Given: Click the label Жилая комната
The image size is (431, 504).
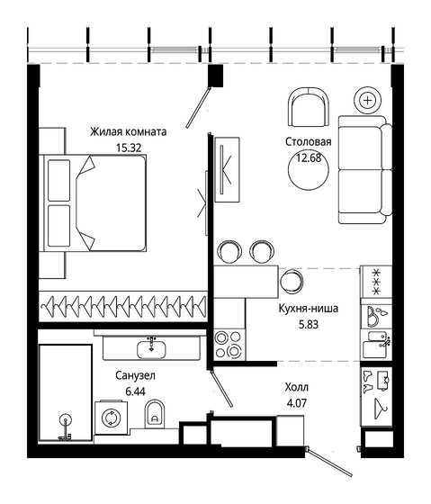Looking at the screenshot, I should (128, 131).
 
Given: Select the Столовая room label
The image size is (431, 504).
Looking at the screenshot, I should (308, 142).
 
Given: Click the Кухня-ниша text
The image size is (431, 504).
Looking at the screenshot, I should (309, 308).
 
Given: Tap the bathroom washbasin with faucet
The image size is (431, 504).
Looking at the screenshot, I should (150, 346).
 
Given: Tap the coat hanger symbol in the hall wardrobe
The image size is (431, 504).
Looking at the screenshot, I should (375, 409).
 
